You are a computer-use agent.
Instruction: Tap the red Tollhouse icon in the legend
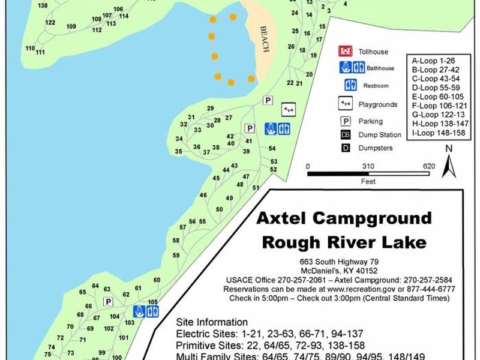pos(344,52)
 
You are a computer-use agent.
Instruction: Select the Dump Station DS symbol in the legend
pos(346,134)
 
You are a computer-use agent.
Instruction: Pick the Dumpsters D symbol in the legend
pos(346,148)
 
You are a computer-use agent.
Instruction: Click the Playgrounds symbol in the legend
pos(345,104)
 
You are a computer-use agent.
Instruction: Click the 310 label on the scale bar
pos(368,166)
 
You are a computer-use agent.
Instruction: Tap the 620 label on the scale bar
pos(428,166)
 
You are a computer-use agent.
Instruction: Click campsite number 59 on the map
pos(176,256)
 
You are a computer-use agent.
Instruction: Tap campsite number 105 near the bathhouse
pos(152,302)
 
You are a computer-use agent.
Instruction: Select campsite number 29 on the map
pos(210,108)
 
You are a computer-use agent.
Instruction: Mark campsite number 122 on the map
pos(50,23)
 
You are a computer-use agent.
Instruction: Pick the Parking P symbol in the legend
pos(346,121)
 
